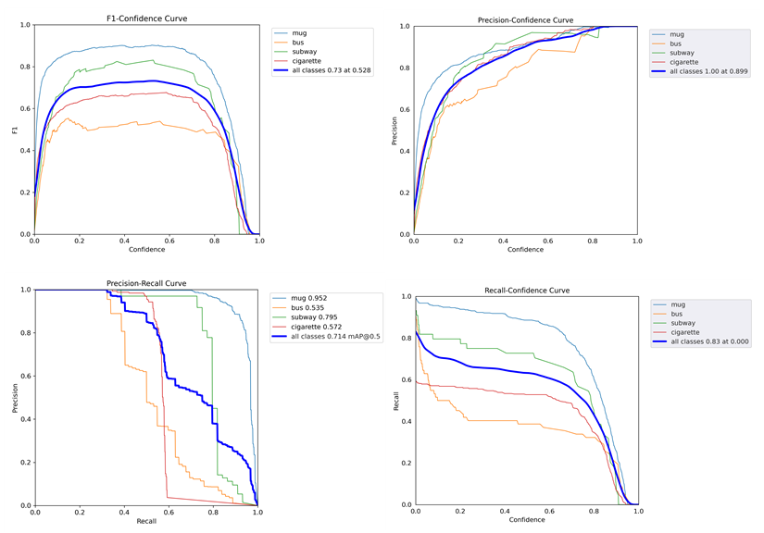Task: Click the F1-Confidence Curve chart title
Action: click(147, 19)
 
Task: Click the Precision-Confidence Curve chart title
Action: click(525, 19)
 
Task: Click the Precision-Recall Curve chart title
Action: click(146, 283)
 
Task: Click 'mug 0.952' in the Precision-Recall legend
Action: click(309, 298)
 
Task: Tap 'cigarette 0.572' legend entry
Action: click(318, 328)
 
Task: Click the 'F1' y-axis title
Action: click(14, 130)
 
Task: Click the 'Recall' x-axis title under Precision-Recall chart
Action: click(146, 522)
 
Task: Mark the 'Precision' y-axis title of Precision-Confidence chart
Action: click(393, 130)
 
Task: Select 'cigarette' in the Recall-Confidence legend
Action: click(684, 332)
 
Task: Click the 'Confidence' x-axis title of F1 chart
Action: click(146, 250)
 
